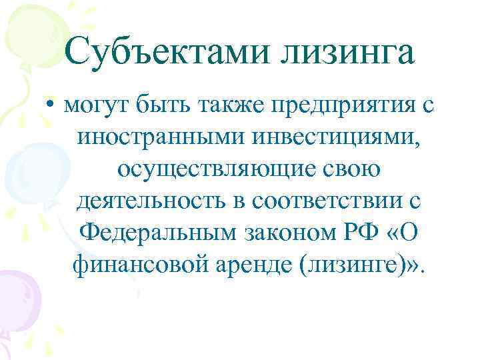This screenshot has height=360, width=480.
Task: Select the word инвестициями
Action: (326, 139)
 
